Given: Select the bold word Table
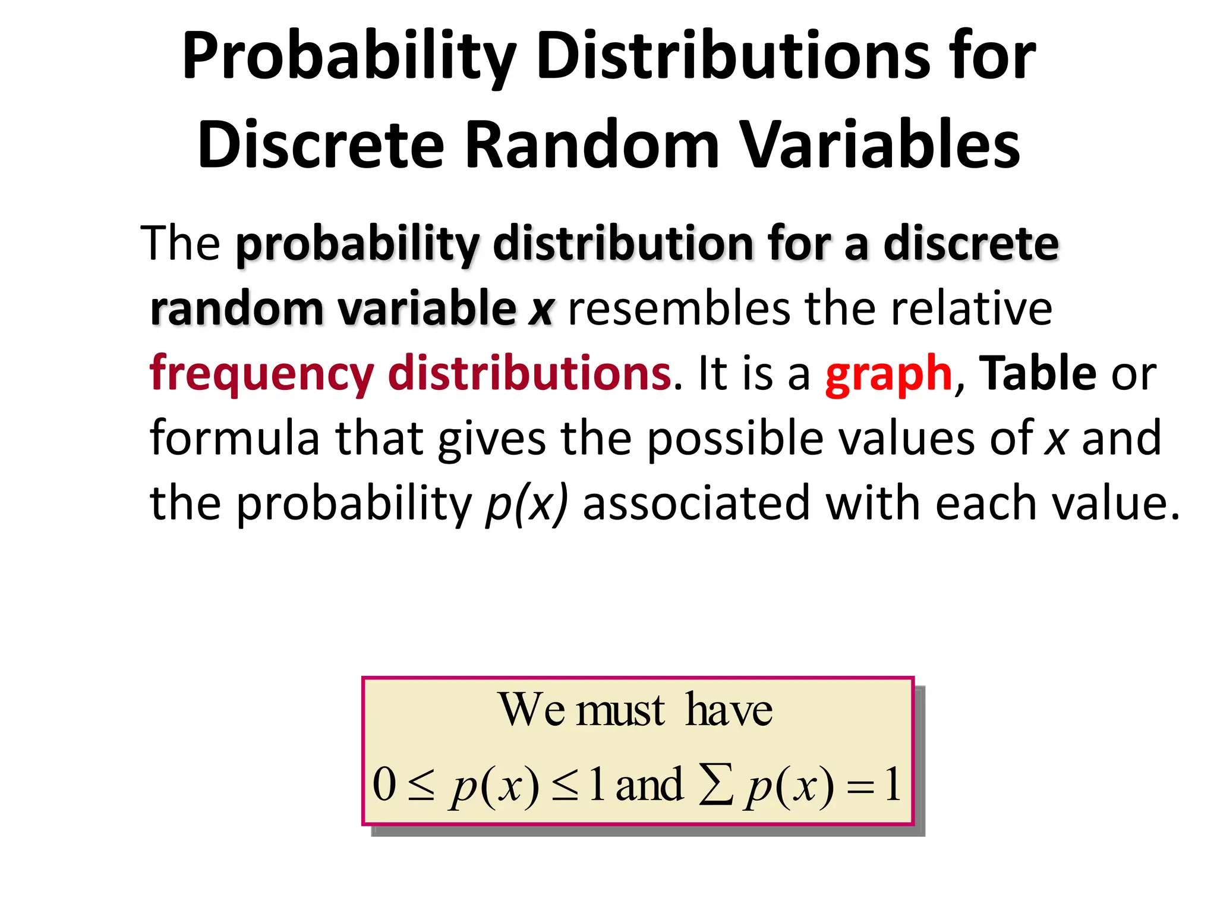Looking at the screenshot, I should point(1037,373).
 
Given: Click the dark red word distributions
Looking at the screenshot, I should point(529,373).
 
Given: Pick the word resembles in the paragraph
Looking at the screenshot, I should point(679,308).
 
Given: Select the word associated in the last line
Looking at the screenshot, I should point(696,503).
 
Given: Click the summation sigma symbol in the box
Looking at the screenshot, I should point(715,785).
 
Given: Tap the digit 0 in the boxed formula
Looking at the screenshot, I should point(384,783).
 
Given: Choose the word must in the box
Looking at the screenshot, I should point(620,710).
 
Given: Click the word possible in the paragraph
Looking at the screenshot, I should point(734,438).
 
